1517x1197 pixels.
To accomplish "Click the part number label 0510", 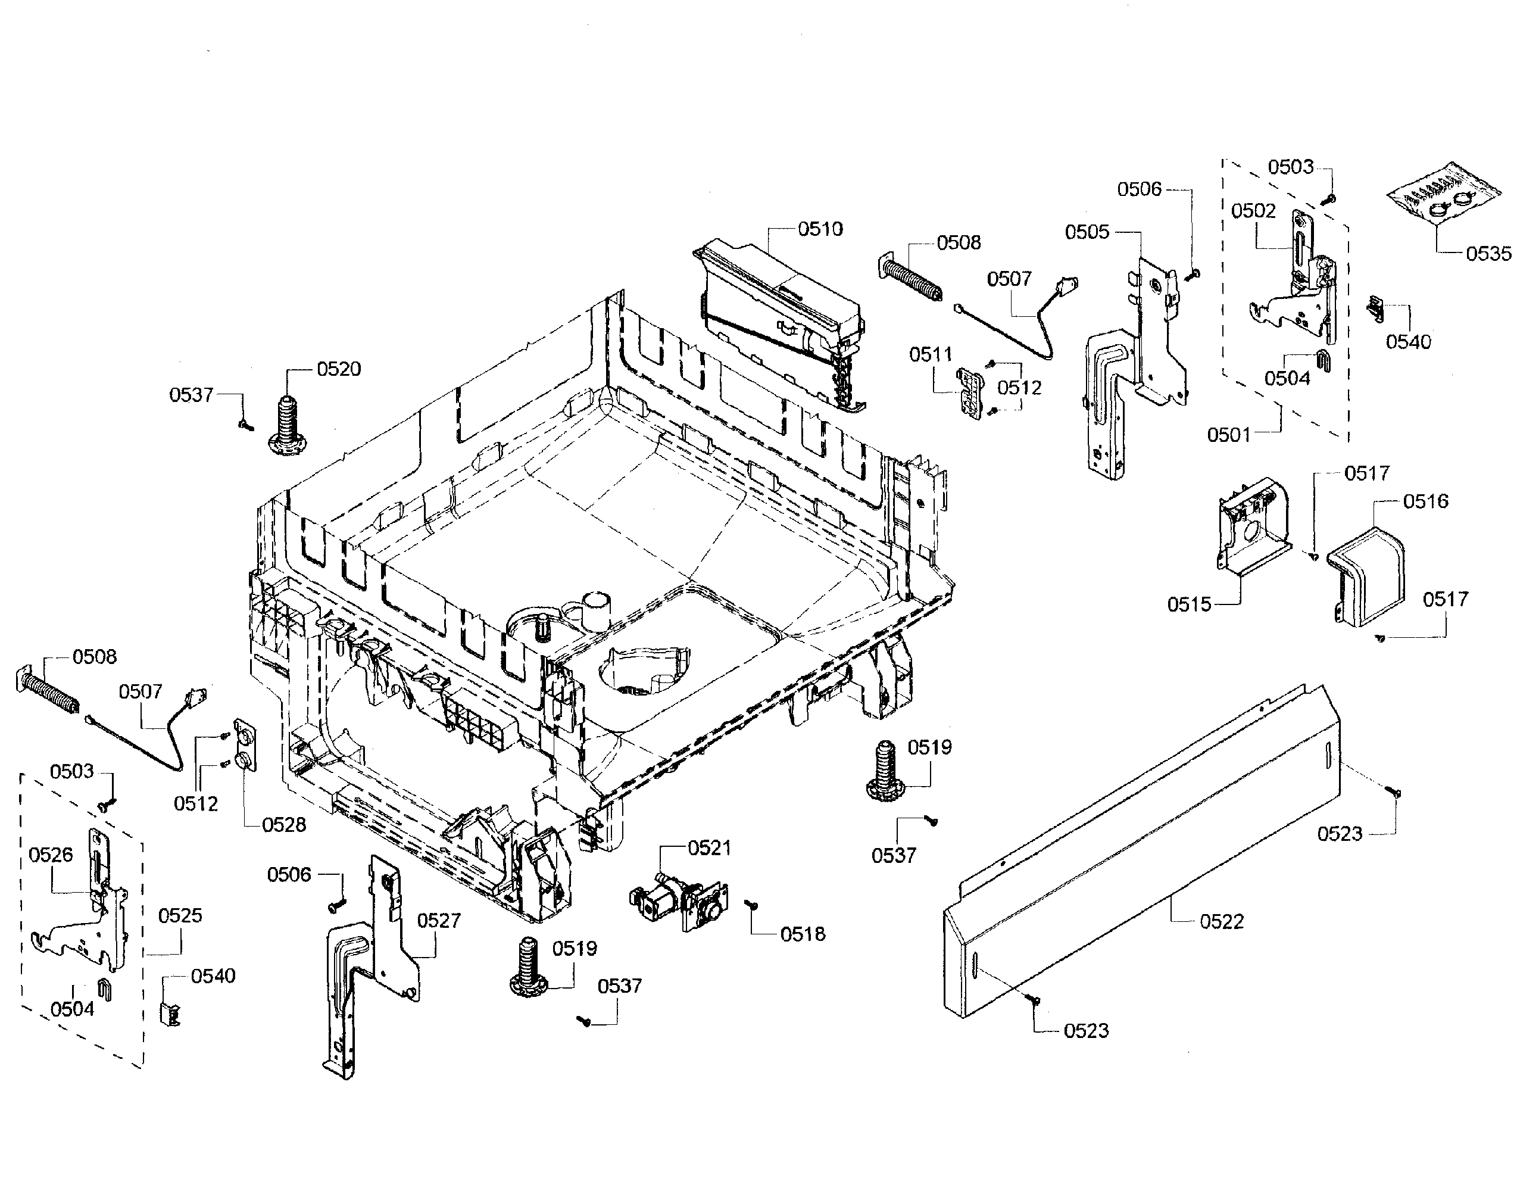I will (820, 229).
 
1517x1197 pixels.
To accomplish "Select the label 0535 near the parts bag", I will (1488, 254).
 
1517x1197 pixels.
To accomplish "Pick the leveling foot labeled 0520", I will (288, 424).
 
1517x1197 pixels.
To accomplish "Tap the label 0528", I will (284, 825).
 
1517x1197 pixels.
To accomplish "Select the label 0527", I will (439, 920).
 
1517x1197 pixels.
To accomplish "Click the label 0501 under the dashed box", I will (1228, 435).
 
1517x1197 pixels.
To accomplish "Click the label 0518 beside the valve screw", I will (803, 934).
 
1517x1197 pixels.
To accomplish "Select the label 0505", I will (1087, 232).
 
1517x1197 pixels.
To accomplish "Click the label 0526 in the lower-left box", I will (51, 855).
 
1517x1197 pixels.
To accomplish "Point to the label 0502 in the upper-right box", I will (1253, 211).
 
